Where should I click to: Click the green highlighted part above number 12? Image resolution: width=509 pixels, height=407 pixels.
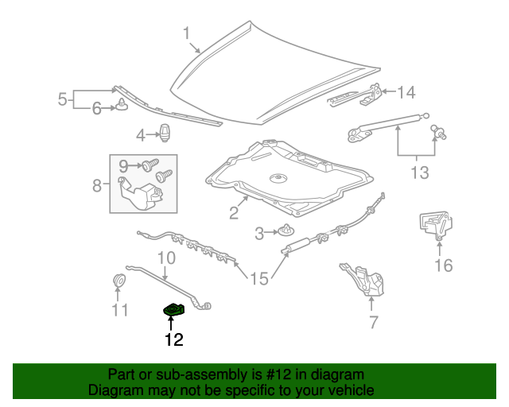(174, 309)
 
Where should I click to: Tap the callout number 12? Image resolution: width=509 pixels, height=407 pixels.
(174, 339)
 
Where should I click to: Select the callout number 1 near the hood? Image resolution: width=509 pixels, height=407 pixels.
(186, 33)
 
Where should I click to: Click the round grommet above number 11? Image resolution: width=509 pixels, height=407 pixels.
(119, 281)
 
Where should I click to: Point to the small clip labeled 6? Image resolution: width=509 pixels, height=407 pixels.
(122, 105)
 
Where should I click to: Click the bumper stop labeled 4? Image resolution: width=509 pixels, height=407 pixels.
(165, 133)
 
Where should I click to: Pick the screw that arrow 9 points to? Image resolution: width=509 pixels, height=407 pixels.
(150, 165)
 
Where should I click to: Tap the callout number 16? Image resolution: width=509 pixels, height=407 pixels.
(444, 266)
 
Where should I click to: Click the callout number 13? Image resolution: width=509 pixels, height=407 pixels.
(420, 172)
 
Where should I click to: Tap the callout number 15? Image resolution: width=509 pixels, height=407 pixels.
(259, 279)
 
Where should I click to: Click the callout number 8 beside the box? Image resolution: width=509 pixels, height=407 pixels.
(97, 185)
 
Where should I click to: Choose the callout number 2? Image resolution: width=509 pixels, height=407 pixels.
(234, 212)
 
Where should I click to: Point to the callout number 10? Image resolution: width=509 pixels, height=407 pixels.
(166, 258)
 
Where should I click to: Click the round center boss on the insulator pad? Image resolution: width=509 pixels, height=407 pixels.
(278, 178)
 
